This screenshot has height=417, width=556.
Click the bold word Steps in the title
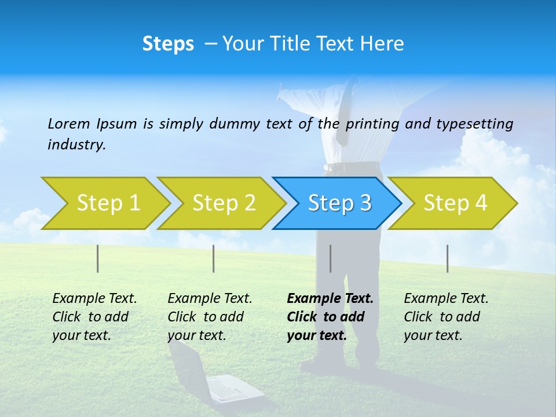click(x=168, y=44)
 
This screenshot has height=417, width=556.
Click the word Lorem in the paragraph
click(x=69, y=123)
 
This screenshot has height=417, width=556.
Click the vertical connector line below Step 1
click(x=97, y=258)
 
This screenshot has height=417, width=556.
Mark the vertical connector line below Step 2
click(x=214, y=258)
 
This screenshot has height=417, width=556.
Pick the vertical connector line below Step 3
click(x=330, y=258)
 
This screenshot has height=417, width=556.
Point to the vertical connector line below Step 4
click(x=447, y=258)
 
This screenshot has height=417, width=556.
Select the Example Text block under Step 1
click(x=94, y=317)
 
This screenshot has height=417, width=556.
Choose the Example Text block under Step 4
click(x=446, y=317)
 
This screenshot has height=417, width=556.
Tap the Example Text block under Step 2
click(x=210, y=317)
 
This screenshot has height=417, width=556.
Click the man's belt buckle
click(x=333, y=167)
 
